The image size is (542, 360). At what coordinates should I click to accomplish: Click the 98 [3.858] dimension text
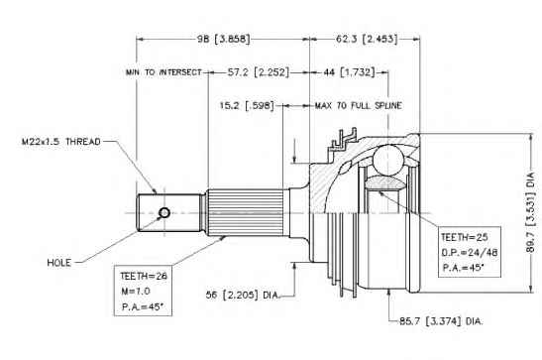(223, 39)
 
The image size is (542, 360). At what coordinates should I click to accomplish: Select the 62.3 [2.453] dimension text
(367, 39)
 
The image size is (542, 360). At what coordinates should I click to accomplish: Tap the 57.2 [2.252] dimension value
(259, 72)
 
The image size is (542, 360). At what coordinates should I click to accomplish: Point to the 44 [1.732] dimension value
(349, 72)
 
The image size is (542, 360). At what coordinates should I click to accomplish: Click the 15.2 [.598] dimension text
(247, 105)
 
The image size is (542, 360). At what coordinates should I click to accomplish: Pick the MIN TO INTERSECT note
(163, 72)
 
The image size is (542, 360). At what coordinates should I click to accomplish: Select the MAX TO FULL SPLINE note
(358, 105)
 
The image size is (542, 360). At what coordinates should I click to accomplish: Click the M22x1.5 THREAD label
(60, 142)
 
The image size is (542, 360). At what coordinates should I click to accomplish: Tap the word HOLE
(59, 263)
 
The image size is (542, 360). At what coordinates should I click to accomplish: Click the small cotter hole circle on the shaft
(164, 212)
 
